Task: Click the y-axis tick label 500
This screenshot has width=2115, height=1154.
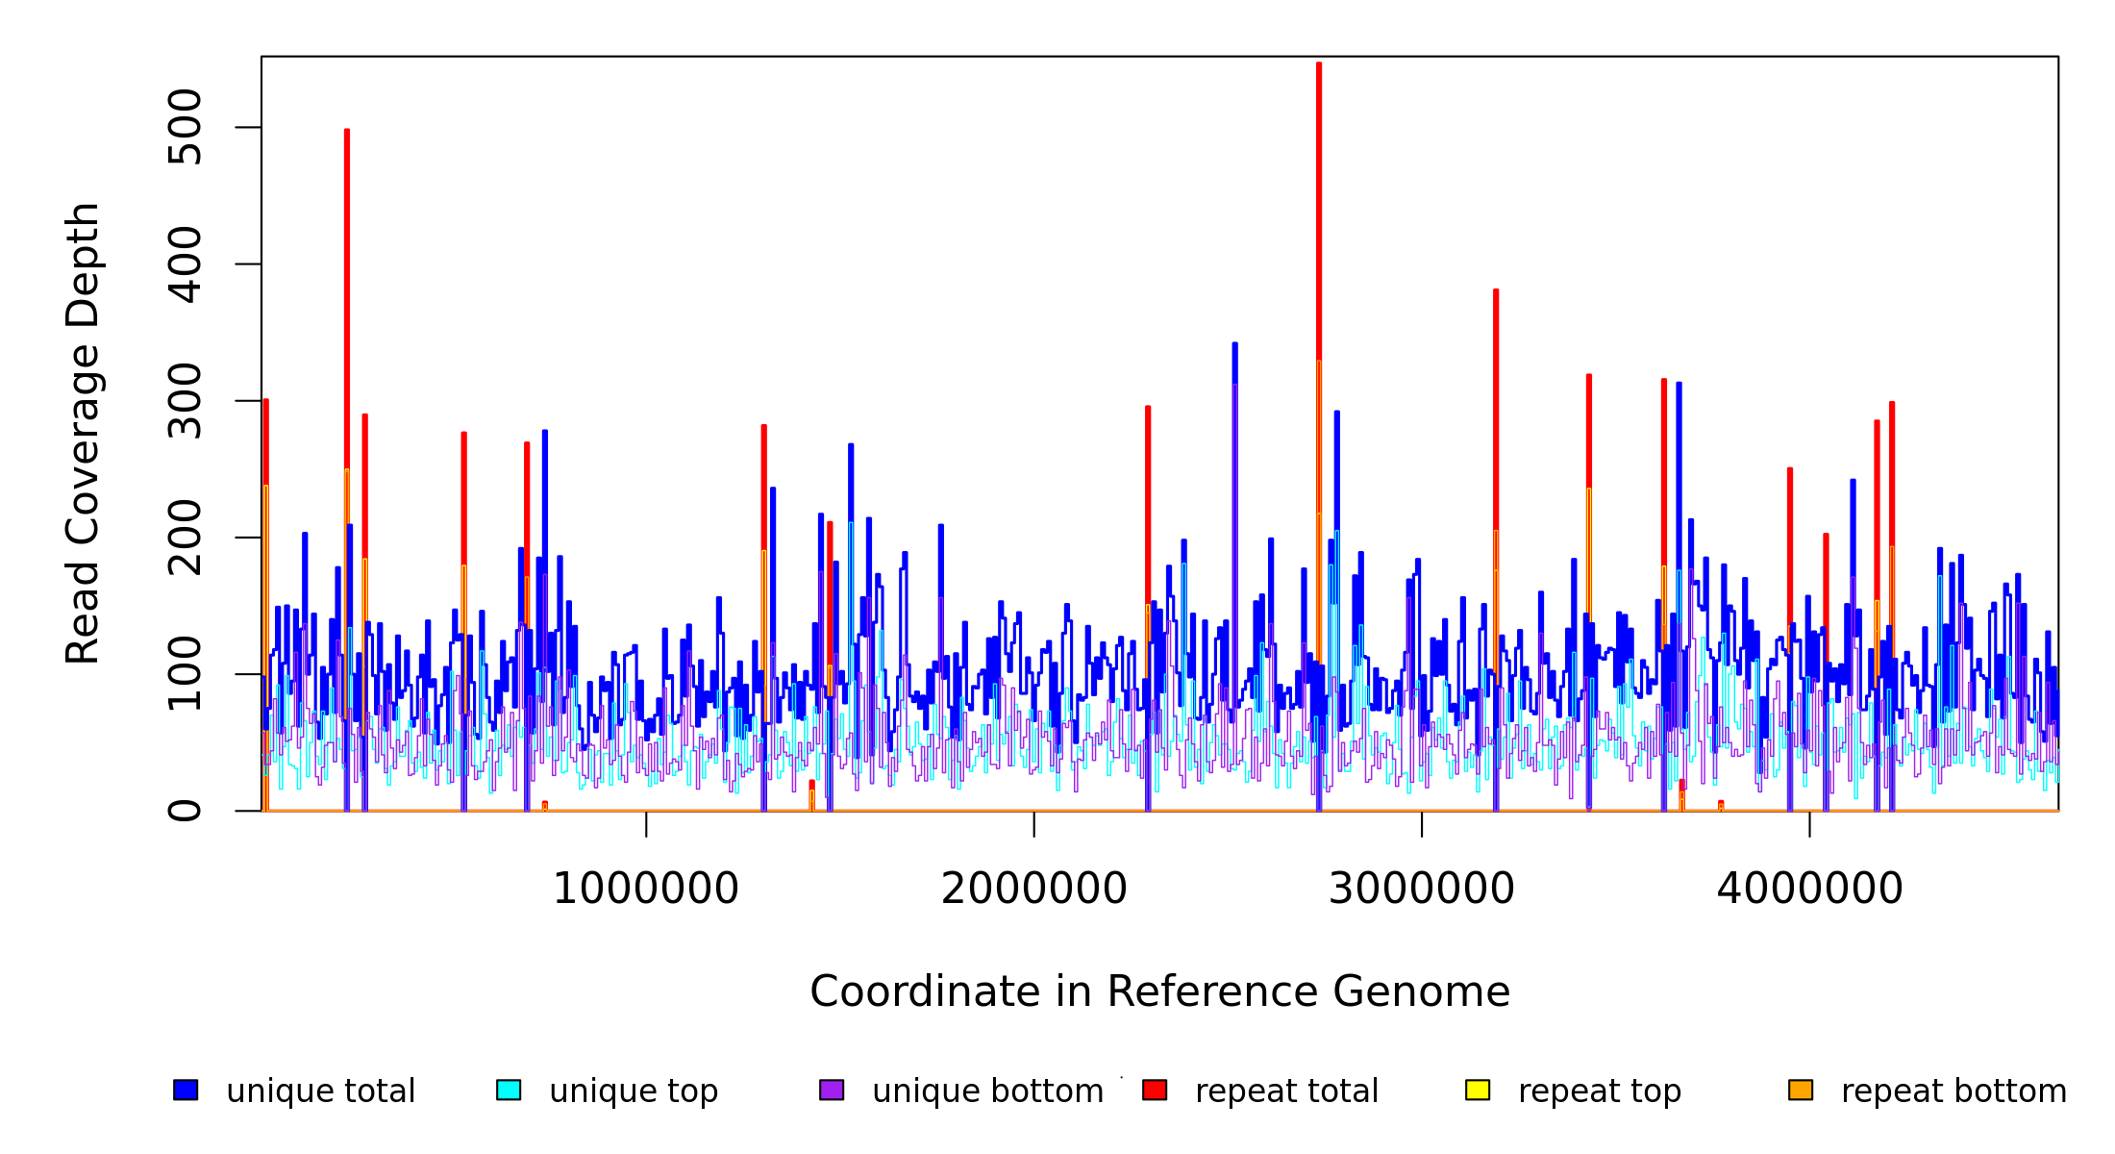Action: click(184, 127)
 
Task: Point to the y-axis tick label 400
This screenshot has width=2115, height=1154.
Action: click(184, 264)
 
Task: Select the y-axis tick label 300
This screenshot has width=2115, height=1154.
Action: click(184, 401)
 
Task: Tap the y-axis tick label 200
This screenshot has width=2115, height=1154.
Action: click(184, 538)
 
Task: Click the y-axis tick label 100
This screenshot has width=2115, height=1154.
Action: click(184, 674)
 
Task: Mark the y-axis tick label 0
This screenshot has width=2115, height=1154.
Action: click(184, 811)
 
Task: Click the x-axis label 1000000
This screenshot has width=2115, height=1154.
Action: click(646, 890)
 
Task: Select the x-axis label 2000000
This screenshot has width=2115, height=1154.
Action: click(1034, 890)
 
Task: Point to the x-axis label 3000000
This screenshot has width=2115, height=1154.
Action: click(1422, 890)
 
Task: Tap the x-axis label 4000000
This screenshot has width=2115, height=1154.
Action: click(1810, 890)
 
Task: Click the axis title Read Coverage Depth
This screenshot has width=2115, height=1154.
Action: click(83, 433)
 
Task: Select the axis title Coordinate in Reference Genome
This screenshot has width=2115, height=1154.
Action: click(1159, 992)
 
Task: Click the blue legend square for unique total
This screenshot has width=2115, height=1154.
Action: click(186, 1090)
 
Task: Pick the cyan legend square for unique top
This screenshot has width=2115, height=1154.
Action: click(509, 1090)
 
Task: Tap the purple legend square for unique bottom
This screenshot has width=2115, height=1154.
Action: click(832, 1090)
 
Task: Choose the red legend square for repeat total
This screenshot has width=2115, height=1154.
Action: click(1155, 1090)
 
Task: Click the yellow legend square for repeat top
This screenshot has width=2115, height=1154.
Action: click(1478, 1090)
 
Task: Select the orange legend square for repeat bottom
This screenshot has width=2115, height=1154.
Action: click(1801, 1090)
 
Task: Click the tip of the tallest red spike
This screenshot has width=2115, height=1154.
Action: click(1319, 64)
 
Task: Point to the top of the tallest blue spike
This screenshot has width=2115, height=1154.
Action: click(1235, 344)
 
